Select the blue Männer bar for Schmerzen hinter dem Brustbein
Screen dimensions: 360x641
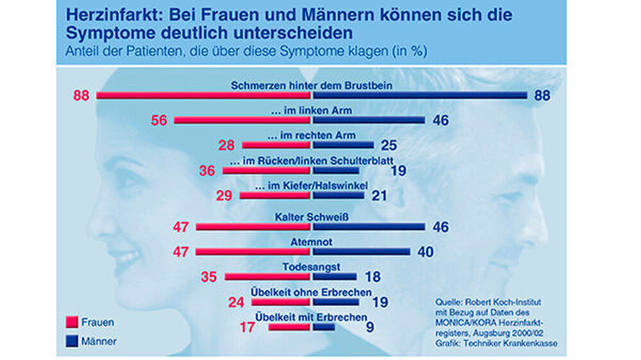[420, 95]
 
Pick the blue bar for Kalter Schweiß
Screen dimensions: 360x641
[369, 227]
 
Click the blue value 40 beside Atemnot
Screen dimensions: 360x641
[425, 252]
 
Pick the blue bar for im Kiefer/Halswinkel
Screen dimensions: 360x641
[338, 195]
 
